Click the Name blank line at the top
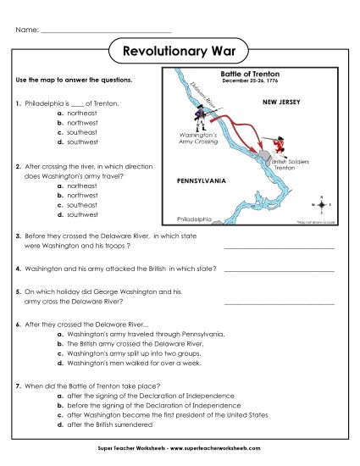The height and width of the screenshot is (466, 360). coord(105,31)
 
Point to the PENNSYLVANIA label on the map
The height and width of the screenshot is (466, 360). coord(200,181)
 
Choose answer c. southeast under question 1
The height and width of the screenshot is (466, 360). coord(81,132)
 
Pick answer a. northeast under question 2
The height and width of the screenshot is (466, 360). coord(81,185)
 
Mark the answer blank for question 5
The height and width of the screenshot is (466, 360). coord(279,302)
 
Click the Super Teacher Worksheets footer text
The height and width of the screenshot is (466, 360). coord(180,447)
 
